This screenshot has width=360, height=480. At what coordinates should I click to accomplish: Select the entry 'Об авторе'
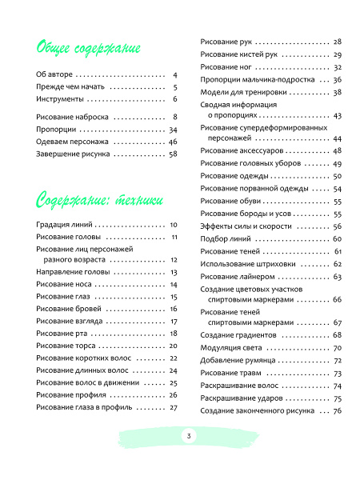(54, 74)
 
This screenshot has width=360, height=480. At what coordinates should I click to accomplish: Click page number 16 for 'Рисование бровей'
(173, 309)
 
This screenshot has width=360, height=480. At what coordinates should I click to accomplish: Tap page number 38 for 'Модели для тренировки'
(338, 92)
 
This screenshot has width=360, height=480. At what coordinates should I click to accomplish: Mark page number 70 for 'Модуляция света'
(338, 348)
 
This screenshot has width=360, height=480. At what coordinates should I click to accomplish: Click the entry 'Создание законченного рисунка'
(255, 410)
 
